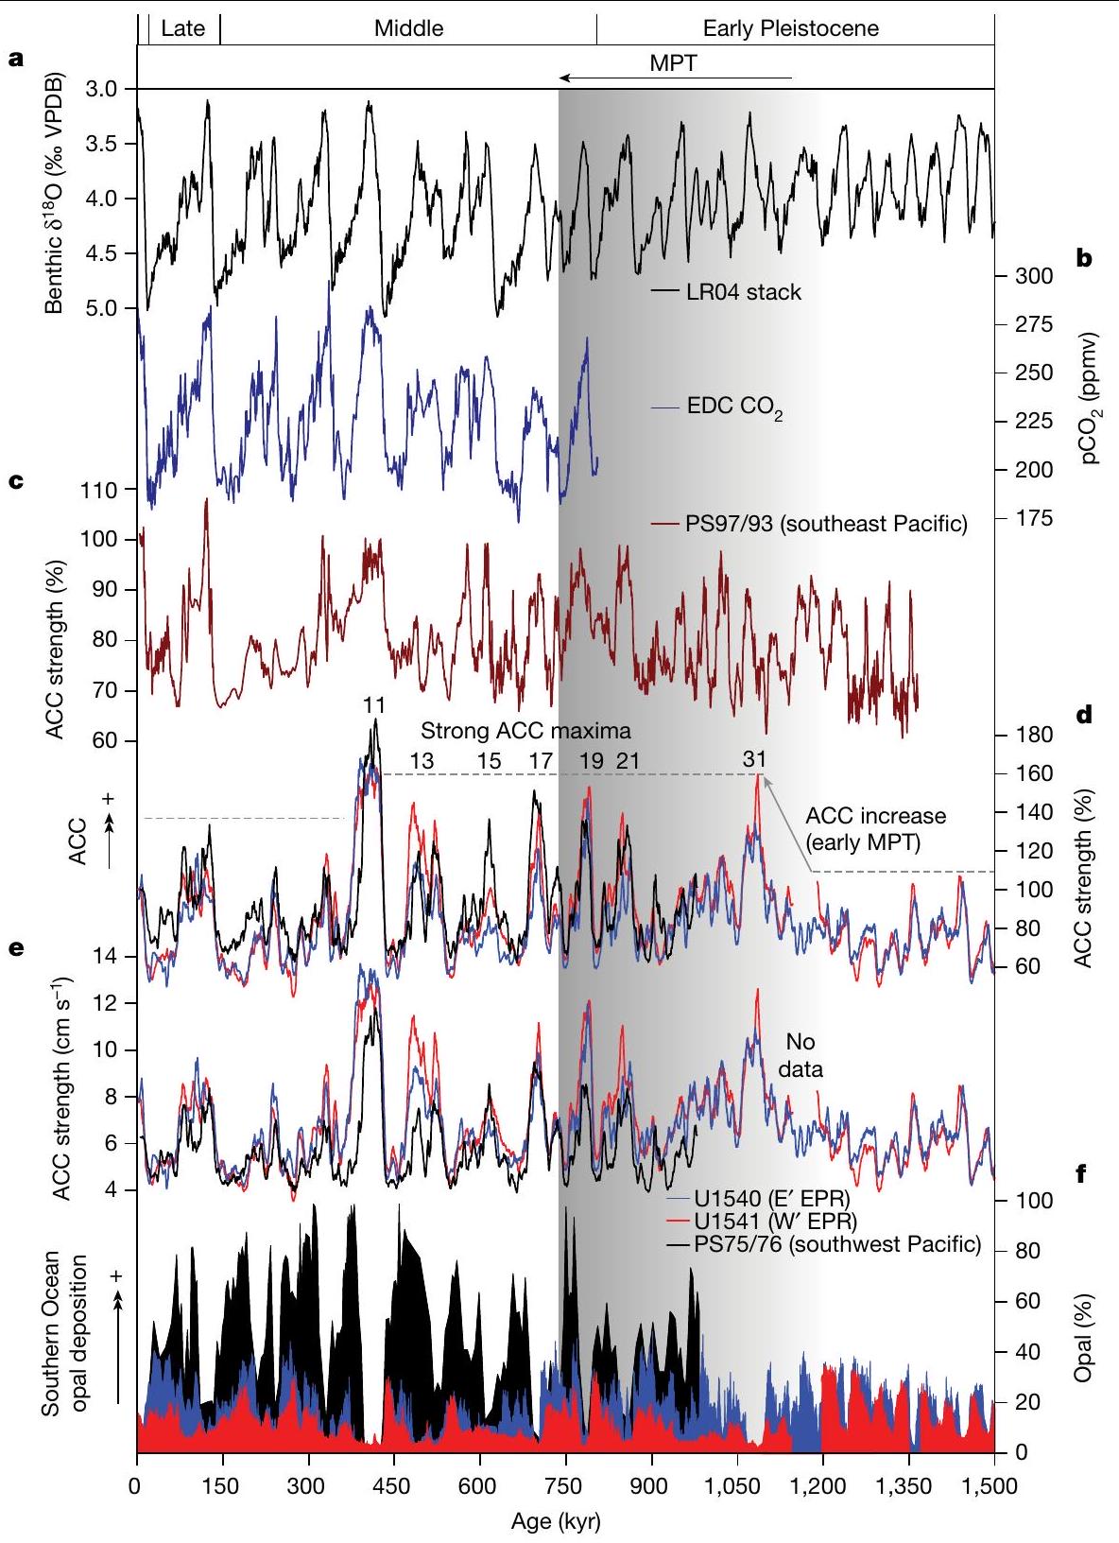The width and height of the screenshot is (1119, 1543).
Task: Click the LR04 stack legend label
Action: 744,291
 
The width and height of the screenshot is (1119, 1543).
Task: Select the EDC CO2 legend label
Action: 734,409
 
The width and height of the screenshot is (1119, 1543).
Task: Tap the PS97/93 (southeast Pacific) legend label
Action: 826,524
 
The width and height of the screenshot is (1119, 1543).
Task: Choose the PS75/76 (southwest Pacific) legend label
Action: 837,1243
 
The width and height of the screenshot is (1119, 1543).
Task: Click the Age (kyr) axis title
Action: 555,1522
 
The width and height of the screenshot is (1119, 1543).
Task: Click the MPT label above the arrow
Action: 673,63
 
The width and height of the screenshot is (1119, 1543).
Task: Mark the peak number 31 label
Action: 754,759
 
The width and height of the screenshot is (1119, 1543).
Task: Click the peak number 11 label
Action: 373,704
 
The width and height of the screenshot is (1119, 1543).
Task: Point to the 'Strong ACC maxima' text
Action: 525,731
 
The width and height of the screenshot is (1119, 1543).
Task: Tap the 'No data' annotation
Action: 801,1055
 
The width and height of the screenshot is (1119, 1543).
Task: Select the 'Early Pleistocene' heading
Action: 791,28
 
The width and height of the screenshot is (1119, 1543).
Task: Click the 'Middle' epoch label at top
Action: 408,28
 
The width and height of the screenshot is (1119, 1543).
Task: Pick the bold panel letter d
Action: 1084,715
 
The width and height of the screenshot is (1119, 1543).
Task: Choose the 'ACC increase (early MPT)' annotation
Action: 875,828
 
